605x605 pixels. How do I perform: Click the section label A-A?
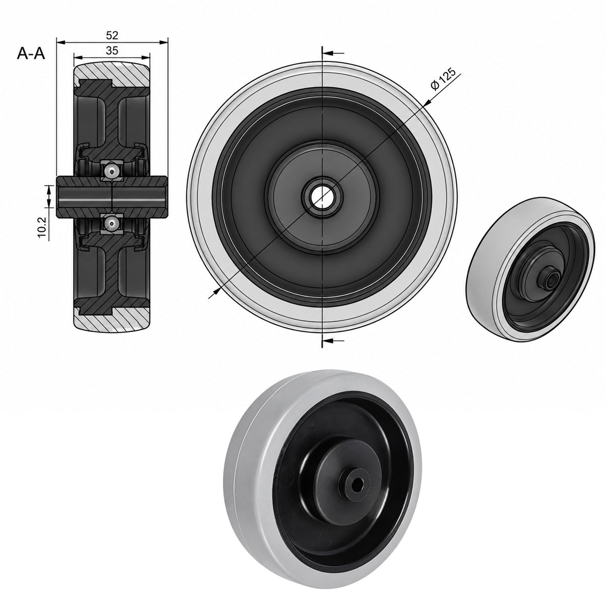pos(31,53)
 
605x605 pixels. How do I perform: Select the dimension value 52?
pos(112,35)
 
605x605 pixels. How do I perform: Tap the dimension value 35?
pos(112,50)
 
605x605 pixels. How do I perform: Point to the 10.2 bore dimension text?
pos(42,227)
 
